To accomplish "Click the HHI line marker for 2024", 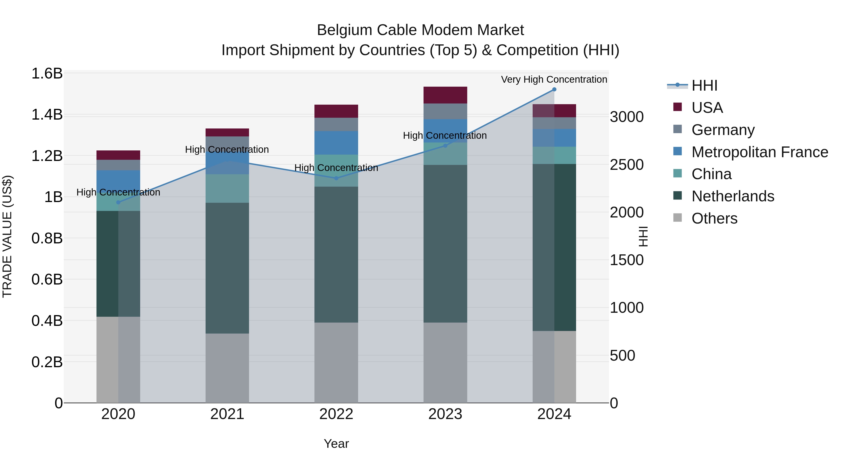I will click(x=554, y=89).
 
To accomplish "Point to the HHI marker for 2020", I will click(x=118, y=202).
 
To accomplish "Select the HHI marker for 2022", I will click(x=336, y=178).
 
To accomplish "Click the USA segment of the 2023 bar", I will click(x=445, y=95).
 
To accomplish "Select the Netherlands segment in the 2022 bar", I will click(x=336, y=255).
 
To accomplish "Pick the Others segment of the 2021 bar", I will click(x=227, y=368).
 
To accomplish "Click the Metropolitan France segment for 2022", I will click(x=336, y=143).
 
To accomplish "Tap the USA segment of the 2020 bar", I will click(x=118, y=155).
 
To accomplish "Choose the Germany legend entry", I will click(x=723, y=130).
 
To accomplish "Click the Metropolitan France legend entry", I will click(x=759, y=152).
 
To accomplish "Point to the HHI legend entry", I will click(x=704, y=85).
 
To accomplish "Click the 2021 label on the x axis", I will click(x=227, y=414).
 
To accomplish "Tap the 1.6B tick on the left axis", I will click(x=47, y=73).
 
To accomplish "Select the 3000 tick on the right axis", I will click(x=627, y=117).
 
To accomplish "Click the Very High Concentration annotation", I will click(x=554, y=79).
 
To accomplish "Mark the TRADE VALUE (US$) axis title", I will click(x=7, y=236).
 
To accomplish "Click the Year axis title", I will click(x=336, y=444).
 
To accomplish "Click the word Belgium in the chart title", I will click(x=344, y=30).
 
